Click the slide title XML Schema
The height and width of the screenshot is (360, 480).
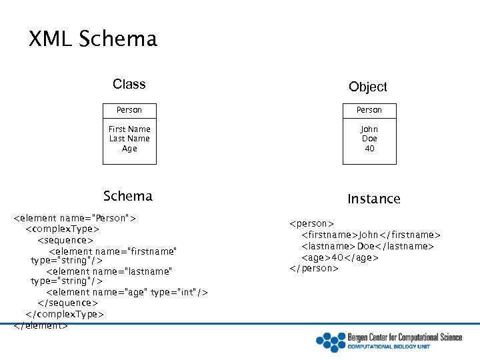tap(93, 39)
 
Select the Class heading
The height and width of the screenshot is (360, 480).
tap(129, 84)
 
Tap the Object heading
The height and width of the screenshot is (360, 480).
tap(367, 87)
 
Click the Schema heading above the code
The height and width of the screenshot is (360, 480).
tap(127, 196)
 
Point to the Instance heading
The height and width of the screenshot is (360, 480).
tap(373, 199)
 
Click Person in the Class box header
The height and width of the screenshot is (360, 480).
tap(129, 110)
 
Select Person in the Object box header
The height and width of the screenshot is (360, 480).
tap(369, 110)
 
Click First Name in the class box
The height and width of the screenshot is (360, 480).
tap(129, 129)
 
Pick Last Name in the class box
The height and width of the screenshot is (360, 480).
tap(129, 139)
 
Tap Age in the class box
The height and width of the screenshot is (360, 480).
tap(129, 149)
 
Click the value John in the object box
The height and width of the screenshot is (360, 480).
tap(369, 129)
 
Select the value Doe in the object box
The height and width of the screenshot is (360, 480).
tap(369, 139)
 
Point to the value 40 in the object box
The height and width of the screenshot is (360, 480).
tap(369, 149)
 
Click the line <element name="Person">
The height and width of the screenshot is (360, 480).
tap(75, 218)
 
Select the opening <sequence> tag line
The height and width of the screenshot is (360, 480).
tap(65, 240)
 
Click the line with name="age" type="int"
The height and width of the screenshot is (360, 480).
tap(127, 292)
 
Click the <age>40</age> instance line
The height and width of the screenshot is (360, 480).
tap(340, 257)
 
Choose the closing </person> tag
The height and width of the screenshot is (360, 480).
tap(314, 268)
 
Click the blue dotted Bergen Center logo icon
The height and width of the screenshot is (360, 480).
tap(329, 341)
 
